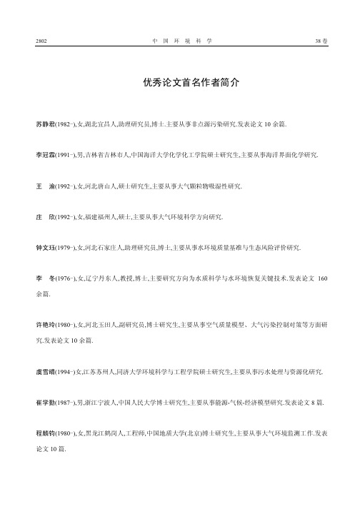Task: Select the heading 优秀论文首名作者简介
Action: pyautogui.click(x=180, y=83)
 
